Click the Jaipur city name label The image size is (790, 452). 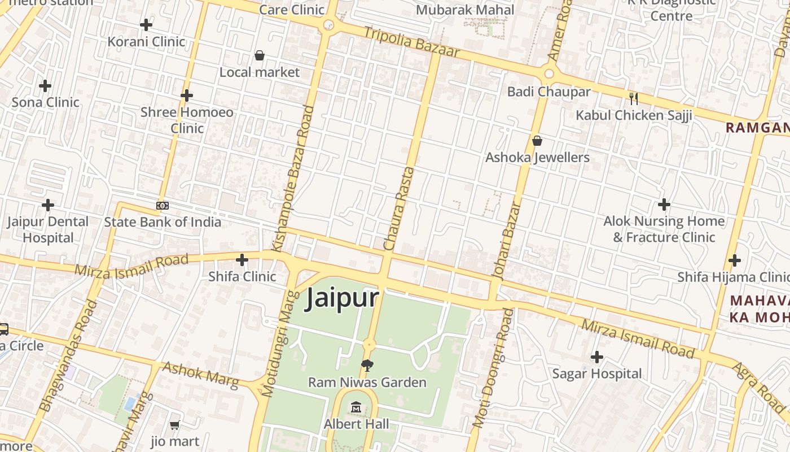[x=342, y=298]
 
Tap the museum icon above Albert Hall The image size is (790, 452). [x=356, y=407]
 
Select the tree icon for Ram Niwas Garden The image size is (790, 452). [x=367, y=365]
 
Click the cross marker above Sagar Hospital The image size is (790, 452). [x=596, y=357]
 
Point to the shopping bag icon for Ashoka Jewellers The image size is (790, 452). [x=537, y=140]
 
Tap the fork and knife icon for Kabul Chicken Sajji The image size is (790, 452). [x=634, y=99]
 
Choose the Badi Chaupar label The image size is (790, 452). [x=541, y=92]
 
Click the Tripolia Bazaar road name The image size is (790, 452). [x=411, y=42]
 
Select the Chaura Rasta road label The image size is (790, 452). [x=398, y=208]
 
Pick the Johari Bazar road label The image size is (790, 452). [x=506, y=241]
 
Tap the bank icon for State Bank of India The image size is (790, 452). [x=163, y=206]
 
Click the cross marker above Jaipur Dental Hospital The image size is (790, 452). [x=48, y=205]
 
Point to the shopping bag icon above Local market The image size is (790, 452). [x=260, y=55]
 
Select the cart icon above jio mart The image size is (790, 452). [x=175, y=425]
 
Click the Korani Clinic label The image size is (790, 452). [x=146, y=41]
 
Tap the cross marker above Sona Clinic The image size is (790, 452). [x=45, y=86]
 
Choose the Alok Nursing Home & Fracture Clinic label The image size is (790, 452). [x=664, y=229]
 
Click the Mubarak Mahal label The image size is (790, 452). [x=465, y=10]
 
